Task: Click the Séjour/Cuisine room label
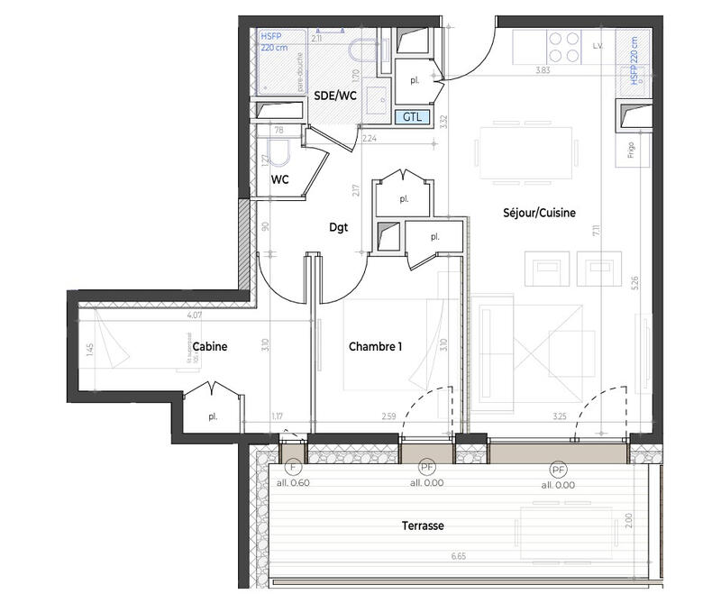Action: pyautogui.click(x=539, y=213)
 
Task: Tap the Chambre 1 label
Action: pyautogui.click(x=375, y=346)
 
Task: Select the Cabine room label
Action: pyautogui.click(x=209, y=346)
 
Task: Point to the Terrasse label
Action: pyautogui.click(x=424, y=525)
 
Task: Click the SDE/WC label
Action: pyautogui.click(x=334, y=95)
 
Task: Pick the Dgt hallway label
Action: pyautogui.click(x=338, y=228)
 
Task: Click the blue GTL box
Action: pyautogui.click(x=412, y=117)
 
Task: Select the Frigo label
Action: pyautogui.click(x=632, y=150)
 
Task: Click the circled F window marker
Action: pyautogui.click(x=292, y=469)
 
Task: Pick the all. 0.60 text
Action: pyautogui.click(x=293, y=484)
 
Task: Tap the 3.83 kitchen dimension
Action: pyautogui.click(x=543, y=69)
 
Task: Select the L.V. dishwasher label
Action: pyautogui.click(x=597, y=44)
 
